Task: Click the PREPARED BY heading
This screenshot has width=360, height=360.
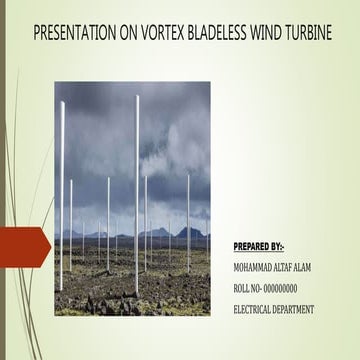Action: tap(258, 246)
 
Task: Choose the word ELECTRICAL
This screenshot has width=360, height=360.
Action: tap(254, 310)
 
